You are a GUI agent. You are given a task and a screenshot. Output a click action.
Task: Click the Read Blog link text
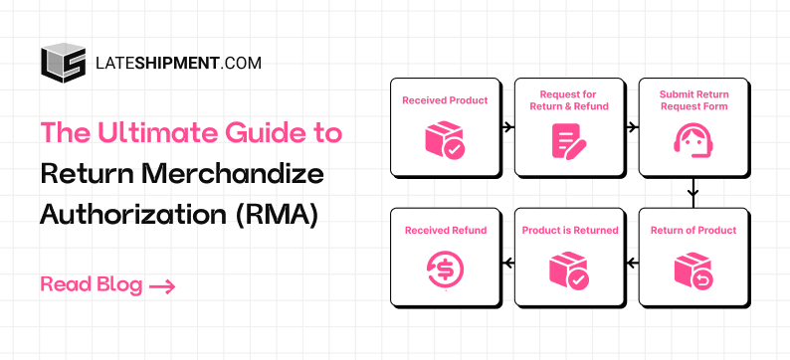[92, 285]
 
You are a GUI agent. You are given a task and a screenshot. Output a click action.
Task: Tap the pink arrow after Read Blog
[162, 286]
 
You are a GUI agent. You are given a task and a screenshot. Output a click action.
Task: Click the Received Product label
[445, 100]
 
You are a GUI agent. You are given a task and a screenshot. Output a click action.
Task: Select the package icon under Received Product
[445, 138]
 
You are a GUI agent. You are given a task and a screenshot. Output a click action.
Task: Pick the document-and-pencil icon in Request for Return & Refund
[569, 140]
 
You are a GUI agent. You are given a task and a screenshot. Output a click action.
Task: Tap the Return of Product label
[693, 231]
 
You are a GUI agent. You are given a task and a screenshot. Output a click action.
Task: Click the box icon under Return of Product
[692, 269]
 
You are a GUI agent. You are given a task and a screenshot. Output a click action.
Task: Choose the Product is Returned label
[570, 231]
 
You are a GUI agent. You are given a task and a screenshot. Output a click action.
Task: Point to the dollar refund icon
[445, 269]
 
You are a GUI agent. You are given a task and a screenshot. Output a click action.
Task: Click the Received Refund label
[445, 231]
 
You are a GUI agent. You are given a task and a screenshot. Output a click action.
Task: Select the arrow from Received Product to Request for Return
[507, 127]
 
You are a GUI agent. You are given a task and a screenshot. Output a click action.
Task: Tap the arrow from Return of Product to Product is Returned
[632, 263]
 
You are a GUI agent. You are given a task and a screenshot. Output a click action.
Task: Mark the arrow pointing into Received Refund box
[507, 263]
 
